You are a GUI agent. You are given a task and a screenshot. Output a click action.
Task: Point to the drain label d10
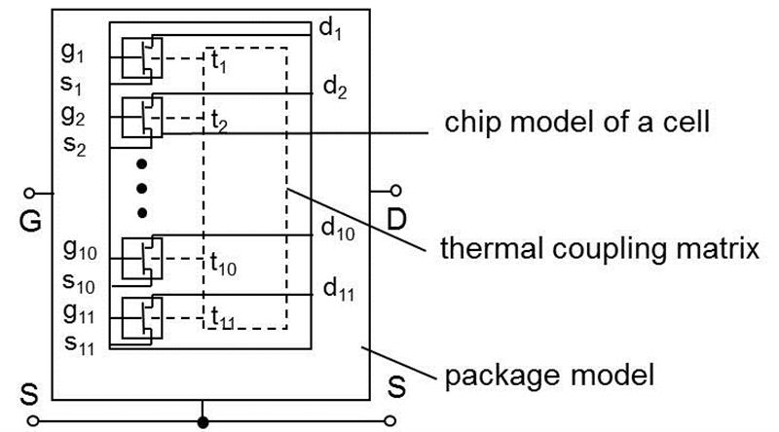[338, 231]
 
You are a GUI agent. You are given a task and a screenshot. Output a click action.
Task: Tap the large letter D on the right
[396, 220]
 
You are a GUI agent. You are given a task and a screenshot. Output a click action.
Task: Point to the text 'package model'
[547, 373]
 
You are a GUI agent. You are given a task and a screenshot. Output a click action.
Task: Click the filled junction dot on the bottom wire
[203, 421]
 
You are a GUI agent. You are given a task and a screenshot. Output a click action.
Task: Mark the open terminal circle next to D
[396, 190]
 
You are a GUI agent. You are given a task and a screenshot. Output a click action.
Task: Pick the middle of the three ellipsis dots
[142, 187]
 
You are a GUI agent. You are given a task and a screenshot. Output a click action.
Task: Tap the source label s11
[78, 342]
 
